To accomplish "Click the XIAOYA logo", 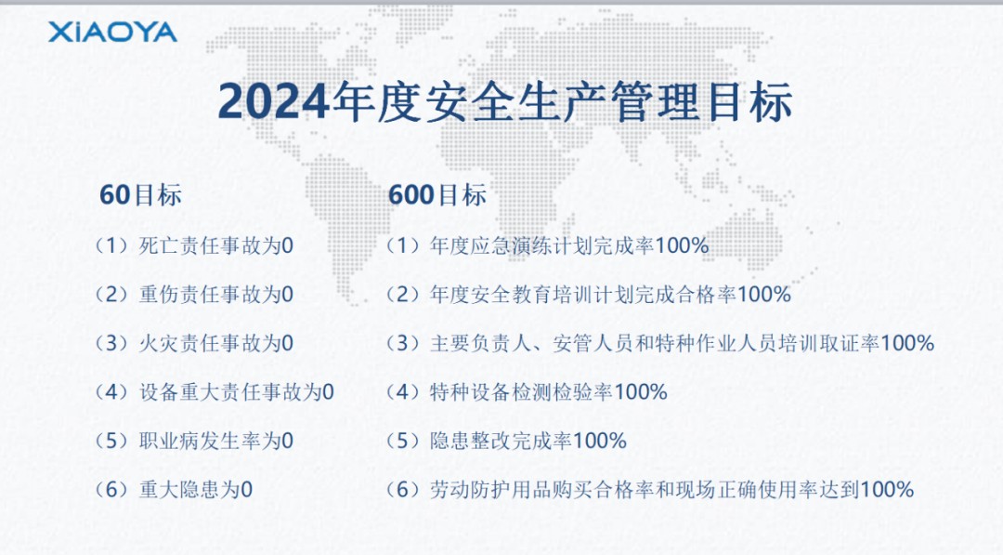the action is tap(112, 32).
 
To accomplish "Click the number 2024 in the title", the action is tap(275, 101).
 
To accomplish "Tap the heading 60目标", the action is tap(141, 195).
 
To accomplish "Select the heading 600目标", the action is tap(437, 195).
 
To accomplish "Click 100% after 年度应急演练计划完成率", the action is tap(682, 245).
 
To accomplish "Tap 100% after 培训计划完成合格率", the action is tap(763, 295).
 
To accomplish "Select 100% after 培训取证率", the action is tap(907, 343).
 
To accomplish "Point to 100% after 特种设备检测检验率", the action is tap(641, 391).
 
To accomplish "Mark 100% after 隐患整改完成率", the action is tap(600, 441).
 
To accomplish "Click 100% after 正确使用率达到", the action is tap(887, 490).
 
